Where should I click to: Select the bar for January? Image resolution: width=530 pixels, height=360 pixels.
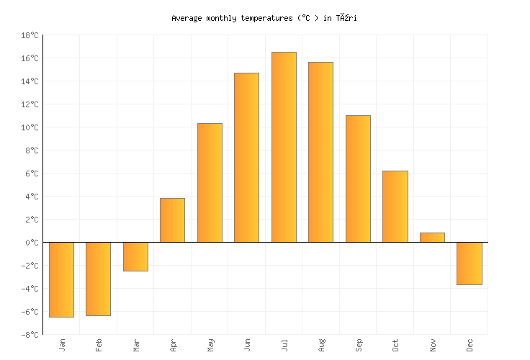pyautogui.click(x=61, y=279)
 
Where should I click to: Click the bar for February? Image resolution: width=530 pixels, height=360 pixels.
pyautogui.click(x=98, y=279)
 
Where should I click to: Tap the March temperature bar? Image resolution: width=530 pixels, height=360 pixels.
pyautogui.click(x=135, y=256)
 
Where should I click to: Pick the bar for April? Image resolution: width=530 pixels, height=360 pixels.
pyautogui.click(x=172, y=220)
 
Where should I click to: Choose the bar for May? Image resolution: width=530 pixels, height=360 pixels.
pyautogui.click(x=210, y=183)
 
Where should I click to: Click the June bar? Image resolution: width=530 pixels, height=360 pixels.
pyautogui.click(x=246, y=158)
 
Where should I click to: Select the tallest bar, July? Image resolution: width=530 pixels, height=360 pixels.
pyautogui.click(x=284, y=147)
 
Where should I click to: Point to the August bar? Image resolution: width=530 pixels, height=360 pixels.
pyautogui.click(x=320, y=152)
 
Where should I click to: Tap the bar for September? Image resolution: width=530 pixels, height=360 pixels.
pyautogui.click(x=358, y=179)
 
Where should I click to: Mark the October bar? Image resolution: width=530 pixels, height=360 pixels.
pyautogui.click(x=395, y=207)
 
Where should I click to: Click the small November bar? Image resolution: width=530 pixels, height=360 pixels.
pyautogui.click(x=432, y=238)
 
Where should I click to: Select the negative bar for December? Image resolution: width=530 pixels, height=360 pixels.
pyautogui.click(x=469, y=264)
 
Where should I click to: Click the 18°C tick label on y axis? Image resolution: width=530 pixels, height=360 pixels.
pyautogui.click(x=30, y=35)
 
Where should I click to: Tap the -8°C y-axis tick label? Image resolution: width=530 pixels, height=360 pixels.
pyautogui.click(x=30, y=335)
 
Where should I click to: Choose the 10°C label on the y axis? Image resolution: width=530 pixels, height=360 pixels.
pyautogui.click(x=30, y=127)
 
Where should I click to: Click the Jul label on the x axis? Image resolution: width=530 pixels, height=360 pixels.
pyautogui.click(x=284, y=345)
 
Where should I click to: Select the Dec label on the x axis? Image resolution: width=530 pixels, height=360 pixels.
pyautogui.click(x=470, y=345)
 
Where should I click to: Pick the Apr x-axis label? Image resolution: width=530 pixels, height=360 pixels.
pyautogui.click(x=173, y=345)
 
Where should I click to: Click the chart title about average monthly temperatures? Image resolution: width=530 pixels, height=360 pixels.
pyautogui.click(x=264, y=18)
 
